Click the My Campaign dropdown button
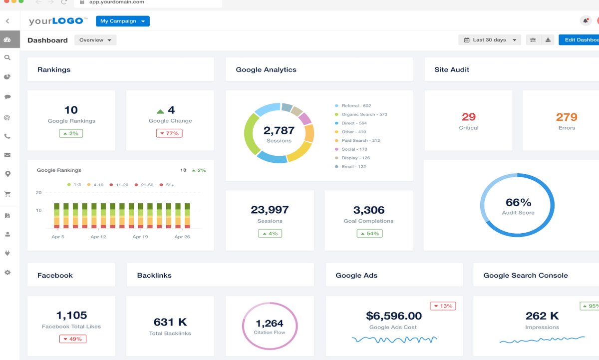pos(122,21)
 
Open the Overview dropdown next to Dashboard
pos(95,40)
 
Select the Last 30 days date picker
pos(489,40)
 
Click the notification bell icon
pos(585,20)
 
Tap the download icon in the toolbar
pos(548,40)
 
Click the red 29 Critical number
pos(468,117)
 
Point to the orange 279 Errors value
pos(567,117)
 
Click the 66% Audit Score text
pos(518,202)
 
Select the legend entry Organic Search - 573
pos(364,114)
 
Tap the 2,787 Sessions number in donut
pos(279,130)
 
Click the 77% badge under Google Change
pos(169,133)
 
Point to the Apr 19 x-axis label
pos(140,237)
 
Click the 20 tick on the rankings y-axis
pos(38,192)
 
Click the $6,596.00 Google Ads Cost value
pos(393,316)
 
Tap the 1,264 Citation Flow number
pos(270,323)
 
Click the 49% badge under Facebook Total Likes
pos(72,339)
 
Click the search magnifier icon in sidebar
pos(7,58)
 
